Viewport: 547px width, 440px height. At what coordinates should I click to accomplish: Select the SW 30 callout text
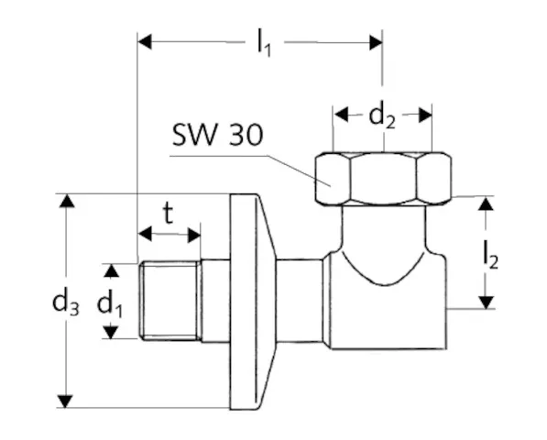(217, 136)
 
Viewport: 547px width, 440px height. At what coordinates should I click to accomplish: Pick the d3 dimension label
(64, 302)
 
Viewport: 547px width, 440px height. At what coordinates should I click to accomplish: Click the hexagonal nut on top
(382, 179)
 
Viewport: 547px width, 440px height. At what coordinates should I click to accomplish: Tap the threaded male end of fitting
(170, 301)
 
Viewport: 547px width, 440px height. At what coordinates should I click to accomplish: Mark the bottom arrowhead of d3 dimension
(64, 401)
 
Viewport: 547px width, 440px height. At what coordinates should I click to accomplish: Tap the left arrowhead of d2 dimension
(340, 115)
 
